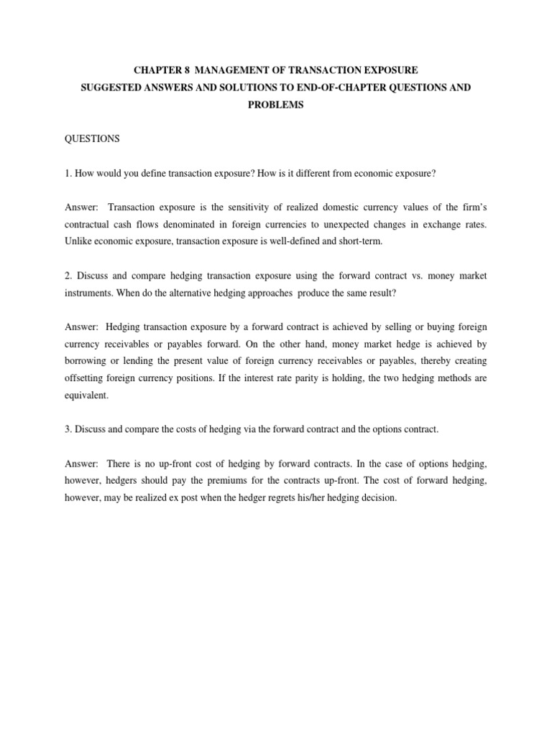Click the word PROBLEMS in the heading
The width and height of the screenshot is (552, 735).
[276, 104]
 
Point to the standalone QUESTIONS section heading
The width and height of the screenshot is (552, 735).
[92, 139]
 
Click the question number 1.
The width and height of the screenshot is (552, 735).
[68, 173]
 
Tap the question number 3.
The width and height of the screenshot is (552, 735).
[68, 429]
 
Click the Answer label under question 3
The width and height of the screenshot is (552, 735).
[82, 464]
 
